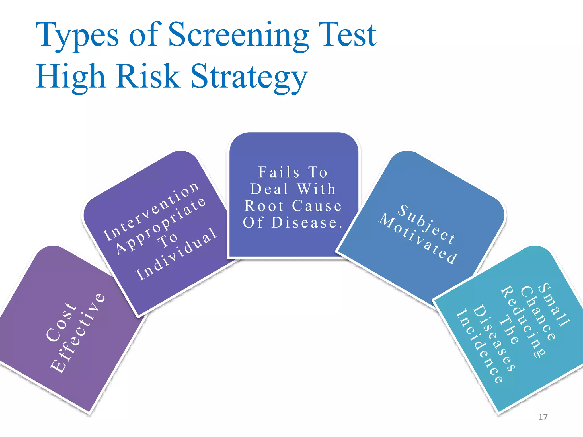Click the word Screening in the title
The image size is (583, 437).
coord(239,35)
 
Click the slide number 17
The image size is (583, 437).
coord(543,417)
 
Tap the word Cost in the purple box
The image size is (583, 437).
coord(61,322)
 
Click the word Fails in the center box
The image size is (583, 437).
coord(279,172)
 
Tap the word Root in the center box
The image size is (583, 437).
coord(264,206)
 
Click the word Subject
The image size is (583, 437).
coord(426,224)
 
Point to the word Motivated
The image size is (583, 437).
coord(418,238)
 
